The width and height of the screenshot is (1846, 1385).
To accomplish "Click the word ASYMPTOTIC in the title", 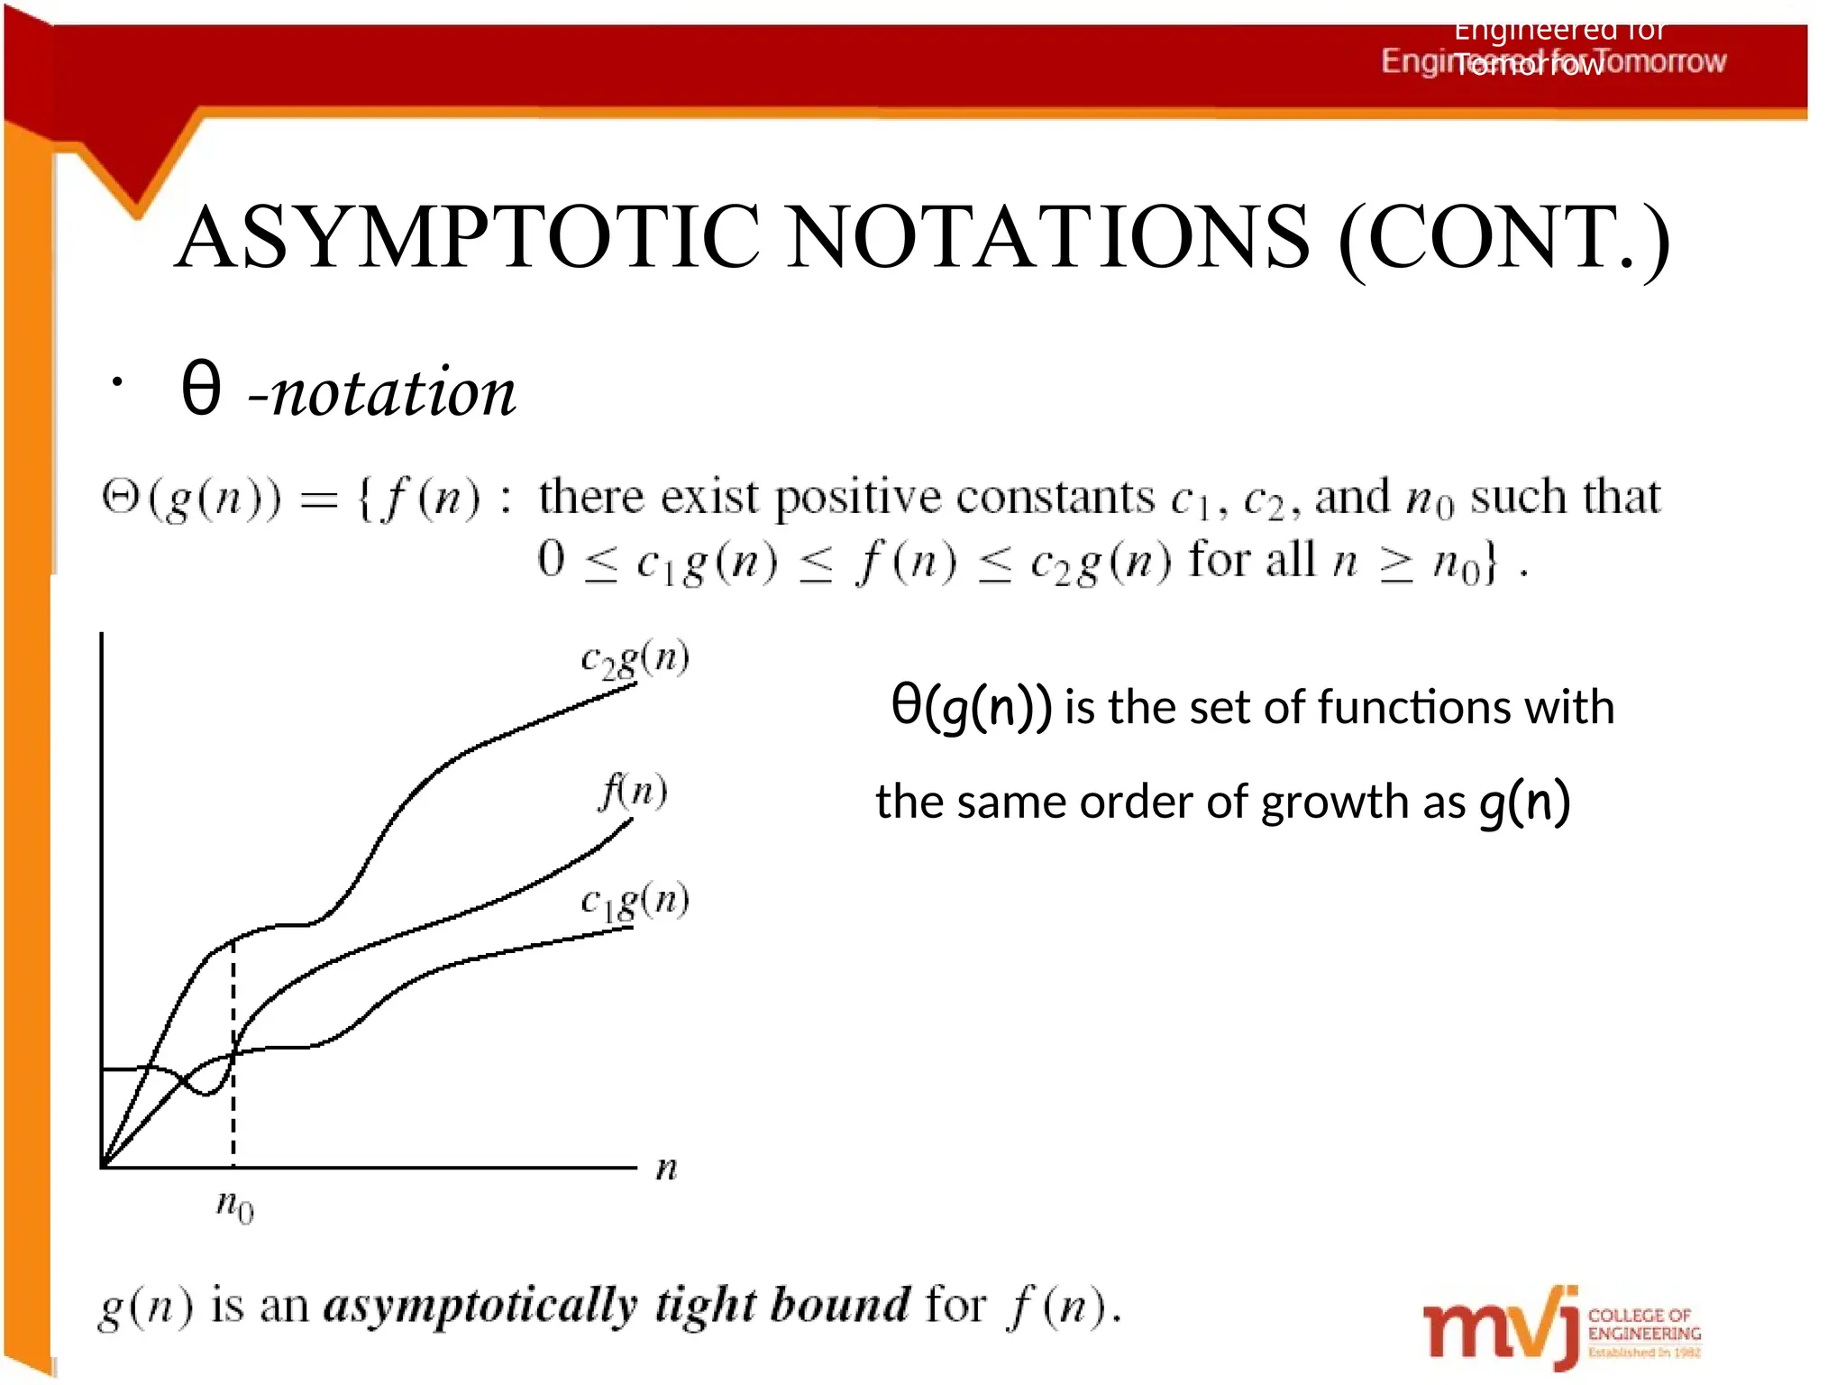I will point(469,237).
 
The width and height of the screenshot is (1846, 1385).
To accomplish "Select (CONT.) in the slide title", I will point(1504,239).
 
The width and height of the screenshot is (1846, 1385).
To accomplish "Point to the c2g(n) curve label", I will point(635,659).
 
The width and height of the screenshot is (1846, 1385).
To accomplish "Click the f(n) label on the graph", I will point(634,792).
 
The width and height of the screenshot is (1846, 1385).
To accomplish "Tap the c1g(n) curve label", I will point(635,901).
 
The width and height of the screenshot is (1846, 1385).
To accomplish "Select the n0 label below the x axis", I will point(235,1205).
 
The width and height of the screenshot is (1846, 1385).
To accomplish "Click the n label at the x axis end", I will point(666,1169).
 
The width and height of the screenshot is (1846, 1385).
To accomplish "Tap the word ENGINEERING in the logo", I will point(1644,1334).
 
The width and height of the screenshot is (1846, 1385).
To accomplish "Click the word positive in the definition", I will point(859,498).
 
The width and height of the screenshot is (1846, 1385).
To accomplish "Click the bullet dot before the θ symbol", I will point(116,383).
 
